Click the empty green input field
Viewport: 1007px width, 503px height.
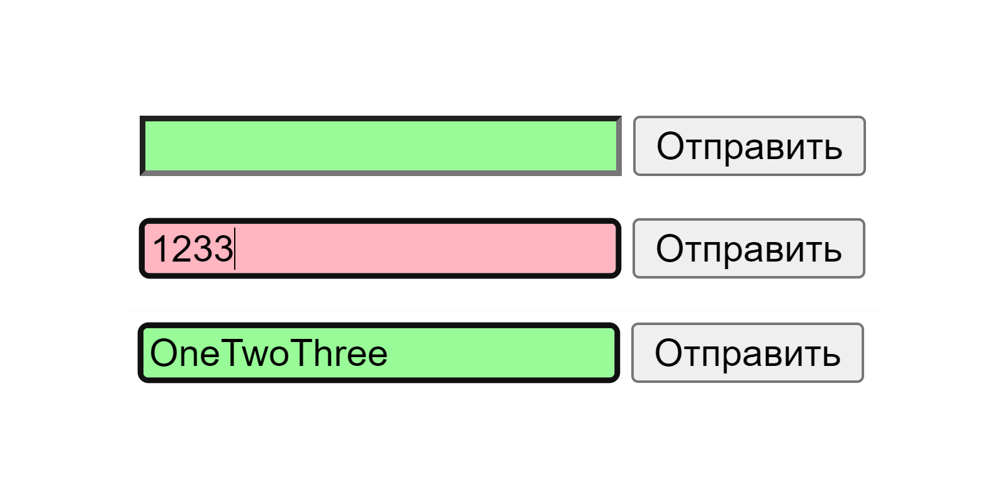[x=380, y=146]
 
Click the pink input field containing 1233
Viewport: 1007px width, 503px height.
[x=380, y=248]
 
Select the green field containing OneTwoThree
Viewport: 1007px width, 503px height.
[x=378, y=353]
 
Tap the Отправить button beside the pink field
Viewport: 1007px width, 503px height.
[x=748, y=248]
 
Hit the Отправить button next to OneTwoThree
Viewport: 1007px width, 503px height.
[x=747, y=353]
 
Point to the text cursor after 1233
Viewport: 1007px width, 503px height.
[x=235, y=248]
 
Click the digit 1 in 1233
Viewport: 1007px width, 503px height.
[x=160, y=248]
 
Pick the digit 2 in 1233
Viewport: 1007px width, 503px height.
[x=182, y=248]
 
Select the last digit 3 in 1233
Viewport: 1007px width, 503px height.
[x=223, y=248]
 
